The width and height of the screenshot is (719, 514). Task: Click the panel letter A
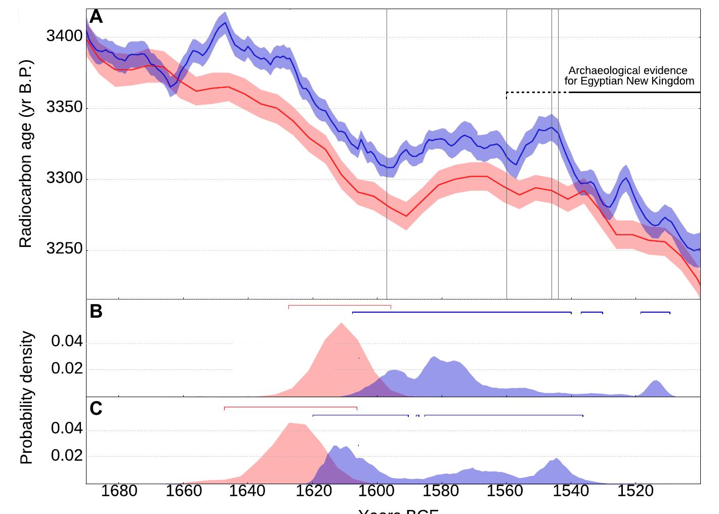coord(96,17)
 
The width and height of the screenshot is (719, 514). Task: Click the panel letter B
coord(96,312)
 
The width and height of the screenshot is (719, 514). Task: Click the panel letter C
coord(96,408)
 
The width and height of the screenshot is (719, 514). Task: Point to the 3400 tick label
coord(64,36)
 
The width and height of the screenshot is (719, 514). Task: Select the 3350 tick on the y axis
coord(64,108)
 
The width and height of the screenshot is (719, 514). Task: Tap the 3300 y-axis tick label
coord(64,179)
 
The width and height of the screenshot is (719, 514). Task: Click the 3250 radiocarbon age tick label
coord(64,249)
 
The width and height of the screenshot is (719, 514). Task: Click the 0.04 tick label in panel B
coord(67,342)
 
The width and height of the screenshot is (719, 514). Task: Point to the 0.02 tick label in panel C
coord(67,456)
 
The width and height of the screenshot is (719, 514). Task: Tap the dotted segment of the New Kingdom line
coord(537,93)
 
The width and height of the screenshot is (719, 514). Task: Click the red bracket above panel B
coord(340,306)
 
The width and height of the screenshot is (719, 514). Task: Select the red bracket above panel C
coord(290,407)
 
